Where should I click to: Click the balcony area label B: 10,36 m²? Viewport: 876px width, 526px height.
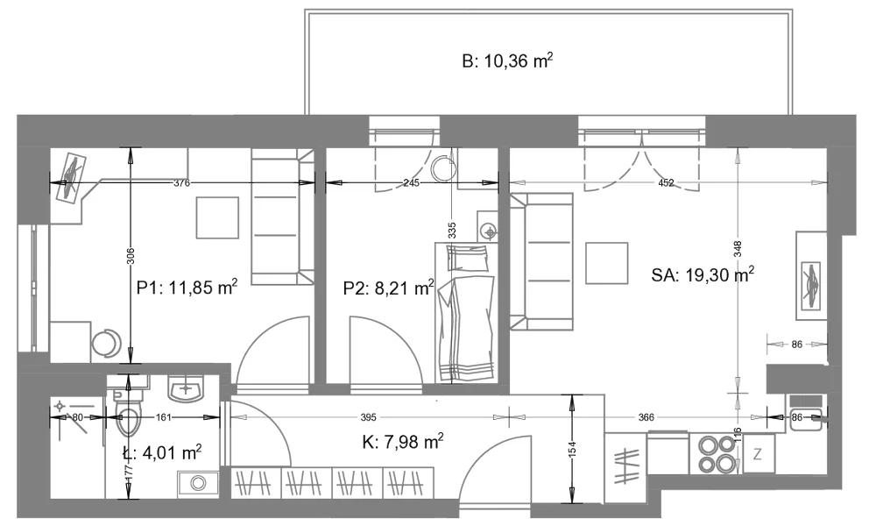click(507, 60)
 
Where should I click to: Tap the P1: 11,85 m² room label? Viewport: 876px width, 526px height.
click(187, 288)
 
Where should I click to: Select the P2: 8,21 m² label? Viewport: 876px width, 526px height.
click(388, 288)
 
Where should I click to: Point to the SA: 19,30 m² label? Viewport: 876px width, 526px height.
click(703, 274)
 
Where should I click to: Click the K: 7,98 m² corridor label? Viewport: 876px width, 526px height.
click(403, 442)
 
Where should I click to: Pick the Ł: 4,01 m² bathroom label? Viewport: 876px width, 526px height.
click(162, 451)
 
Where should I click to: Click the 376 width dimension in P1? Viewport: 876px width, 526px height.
click(182, 183)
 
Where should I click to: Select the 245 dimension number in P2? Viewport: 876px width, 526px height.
click(411, 183)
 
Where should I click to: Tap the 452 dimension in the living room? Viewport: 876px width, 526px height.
click(666, 183)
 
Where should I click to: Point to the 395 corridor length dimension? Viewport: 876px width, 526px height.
click(368, 417)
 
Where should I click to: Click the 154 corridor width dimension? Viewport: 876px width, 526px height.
click(571, 449)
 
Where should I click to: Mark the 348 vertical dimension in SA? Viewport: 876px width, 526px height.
click(738, 249)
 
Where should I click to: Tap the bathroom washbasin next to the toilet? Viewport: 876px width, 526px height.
click(186, 388)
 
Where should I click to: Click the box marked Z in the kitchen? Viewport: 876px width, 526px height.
click(758, 454)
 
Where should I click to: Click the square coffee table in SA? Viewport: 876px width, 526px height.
click(607, 263)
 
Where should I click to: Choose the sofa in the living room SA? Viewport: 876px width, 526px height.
click(541, 261)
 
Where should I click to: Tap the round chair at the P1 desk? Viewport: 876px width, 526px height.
click(106, 343)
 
